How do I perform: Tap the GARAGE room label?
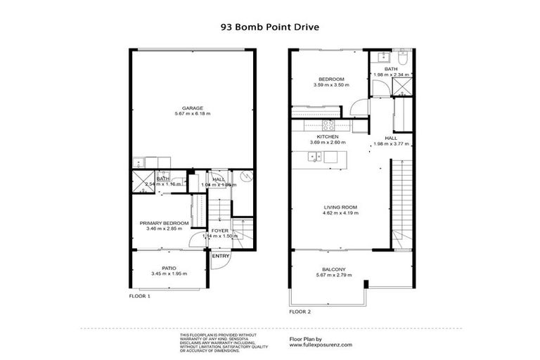coord(193,108)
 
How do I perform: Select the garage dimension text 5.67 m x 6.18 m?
coord(193,114)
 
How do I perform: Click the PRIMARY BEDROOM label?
coord(164,222)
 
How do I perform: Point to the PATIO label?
coord(168,267)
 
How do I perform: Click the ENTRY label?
coord(221,256)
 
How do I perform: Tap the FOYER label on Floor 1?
coord(220,230)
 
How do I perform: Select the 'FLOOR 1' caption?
coord(139,297)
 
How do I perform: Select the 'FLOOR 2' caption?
coord(300,311)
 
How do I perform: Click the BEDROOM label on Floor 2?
coord(330,79)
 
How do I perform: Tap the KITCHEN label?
coord(328,136)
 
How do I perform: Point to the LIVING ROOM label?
coord(340,207)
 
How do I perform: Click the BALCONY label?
coord(333,269)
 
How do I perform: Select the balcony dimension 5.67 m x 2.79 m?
coord(333,275)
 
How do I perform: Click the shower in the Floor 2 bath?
coord(403,86)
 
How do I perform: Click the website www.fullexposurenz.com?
coord(321,345)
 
